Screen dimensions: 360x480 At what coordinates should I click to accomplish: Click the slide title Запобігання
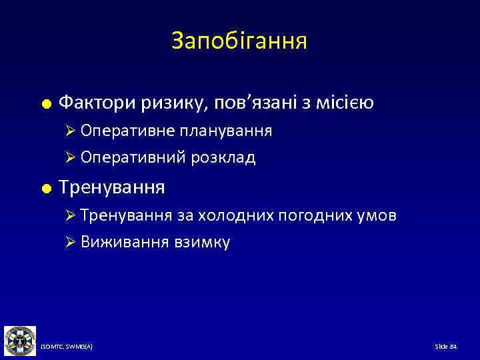tap(239, 41)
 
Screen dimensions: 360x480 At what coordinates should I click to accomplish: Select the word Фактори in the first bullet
tap(97, 103)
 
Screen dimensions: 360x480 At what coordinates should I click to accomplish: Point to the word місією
tap(341, 103)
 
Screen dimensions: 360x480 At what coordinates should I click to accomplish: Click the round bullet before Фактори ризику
tap(45, 104)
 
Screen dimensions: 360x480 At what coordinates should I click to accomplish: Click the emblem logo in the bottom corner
tap(19, 341)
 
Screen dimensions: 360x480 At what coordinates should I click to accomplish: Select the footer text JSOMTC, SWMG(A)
tap(66, 347)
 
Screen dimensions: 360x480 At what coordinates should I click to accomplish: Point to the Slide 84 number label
tap(445, 347)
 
